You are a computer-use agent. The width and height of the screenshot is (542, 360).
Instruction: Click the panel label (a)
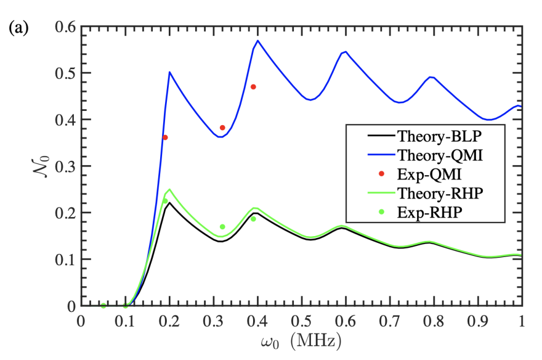[18, 28]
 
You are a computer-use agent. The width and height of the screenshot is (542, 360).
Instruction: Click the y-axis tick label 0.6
[65, 27]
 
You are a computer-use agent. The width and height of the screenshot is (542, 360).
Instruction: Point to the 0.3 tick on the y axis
[65, 166]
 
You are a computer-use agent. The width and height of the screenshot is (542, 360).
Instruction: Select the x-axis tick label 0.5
[301, 322]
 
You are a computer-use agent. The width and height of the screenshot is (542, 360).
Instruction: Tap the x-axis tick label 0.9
[477, 322]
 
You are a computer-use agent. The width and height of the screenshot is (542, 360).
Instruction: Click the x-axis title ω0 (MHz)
[301, 341]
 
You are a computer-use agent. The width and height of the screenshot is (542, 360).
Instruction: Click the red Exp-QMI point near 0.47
[253, 87]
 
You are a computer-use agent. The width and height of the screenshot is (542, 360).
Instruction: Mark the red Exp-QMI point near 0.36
[165, 137]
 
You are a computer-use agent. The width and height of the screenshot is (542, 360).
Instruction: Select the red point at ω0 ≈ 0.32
[222, 128]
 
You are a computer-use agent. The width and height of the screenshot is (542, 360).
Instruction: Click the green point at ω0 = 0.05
[103, 306]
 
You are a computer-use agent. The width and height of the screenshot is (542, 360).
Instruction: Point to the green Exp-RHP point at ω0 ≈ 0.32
[222, 227]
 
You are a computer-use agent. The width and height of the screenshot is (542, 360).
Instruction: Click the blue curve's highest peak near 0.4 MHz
[257, 41]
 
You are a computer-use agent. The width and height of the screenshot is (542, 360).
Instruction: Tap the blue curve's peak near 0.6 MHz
[346, 52]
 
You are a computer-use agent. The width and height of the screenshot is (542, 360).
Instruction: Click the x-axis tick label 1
[522, 322]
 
